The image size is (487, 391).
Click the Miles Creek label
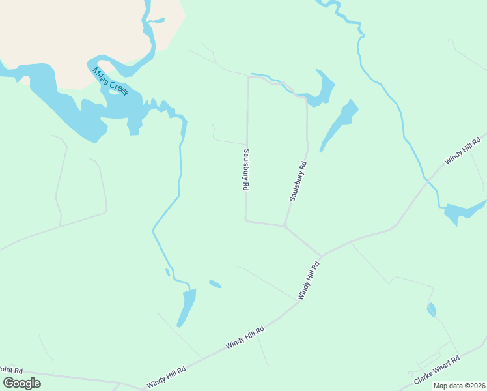[x=110, y=82]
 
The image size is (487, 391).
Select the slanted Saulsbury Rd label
[x=298, y=181]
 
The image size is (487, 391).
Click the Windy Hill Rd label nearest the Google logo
[x=166, y=378]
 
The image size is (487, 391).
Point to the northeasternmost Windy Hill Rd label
[x=462, y=151]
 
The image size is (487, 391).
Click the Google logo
[x=21, y=383]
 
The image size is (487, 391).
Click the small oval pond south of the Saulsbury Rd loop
[x=215, y=284]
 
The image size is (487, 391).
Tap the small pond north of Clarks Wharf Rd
[x=431, y=310]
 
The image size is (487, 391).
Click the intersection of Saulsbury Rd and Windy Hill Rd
[x=320, y=256]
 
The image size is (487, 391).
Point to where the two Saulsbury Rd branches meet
[x=285, y=226]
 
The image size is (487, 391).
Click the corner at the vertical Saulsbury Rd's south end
[x=246, y=220]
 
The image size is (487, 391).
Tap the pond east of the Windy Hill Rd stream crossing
[x=464, y=212]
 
